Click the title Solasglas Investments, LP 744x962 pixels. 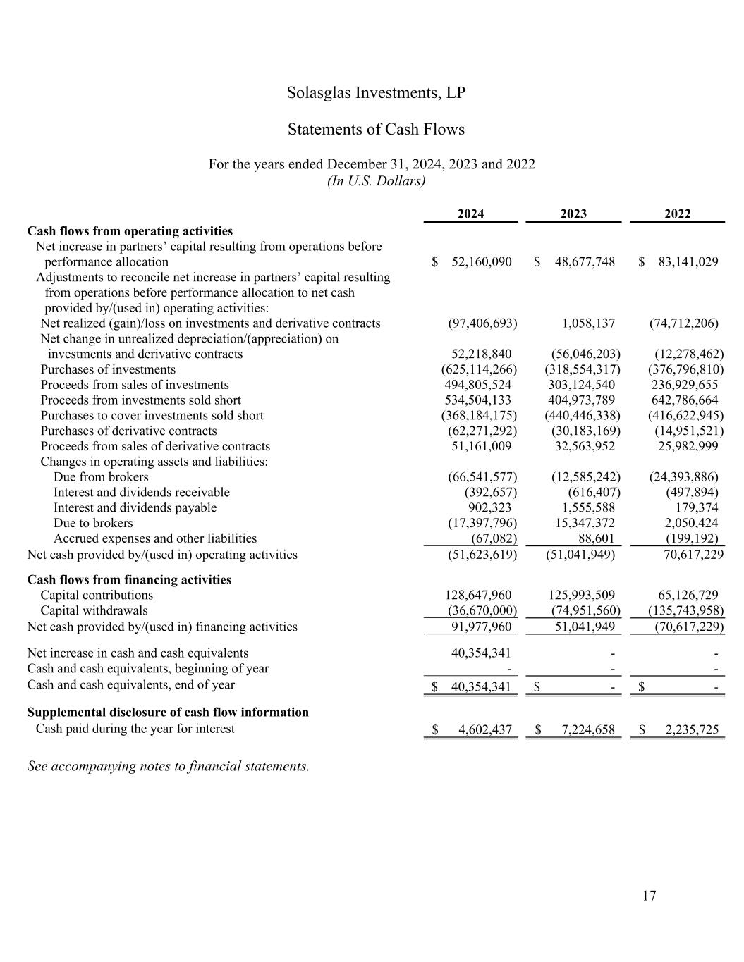click(376, 93)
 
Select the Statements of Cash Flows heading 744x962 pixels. click(376, 130)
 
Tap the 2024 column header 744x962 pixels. click(470, 214)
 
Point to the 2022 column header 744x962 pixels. click(677, 214)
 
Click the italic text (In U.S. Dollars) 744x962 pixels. click(376, 181)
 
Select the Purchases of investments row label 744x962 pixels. click(108, 369)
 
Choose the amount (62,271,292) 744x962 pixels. click(482, 431)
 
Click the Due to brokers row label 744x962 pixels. click(93, 523)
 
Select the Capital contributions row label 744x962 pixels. click(97, 595)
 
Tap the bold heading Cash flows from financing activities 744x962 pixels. click(129, 579)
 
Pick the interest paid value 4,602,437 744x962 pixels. click(484, 729)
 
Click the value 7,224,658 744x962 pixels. click(588, 729)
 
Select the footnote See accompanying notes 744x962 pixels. click(168, 766)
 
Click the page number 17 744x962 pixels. click(649, 896)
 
